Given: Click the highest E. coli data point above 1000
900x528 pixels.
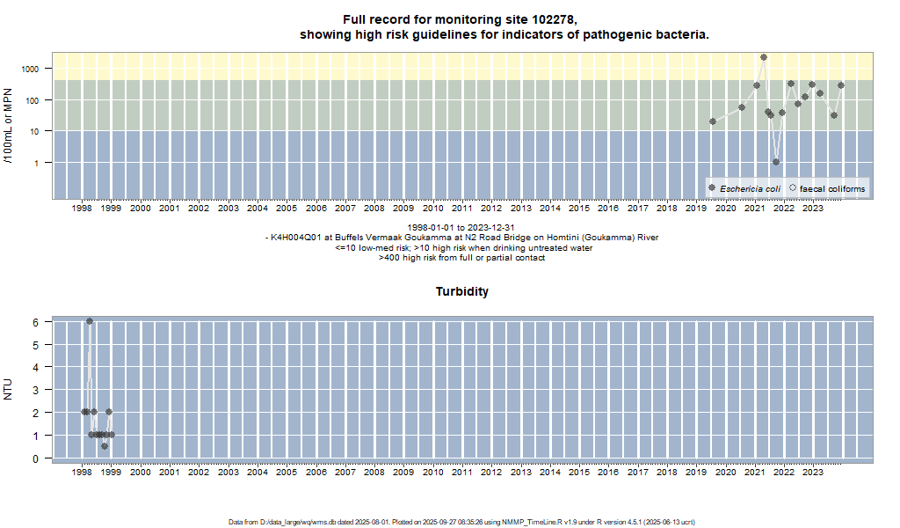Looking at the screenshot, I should click(764, 57).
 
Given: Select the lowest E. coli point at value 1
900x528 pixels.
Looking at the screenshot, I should click(776, 162).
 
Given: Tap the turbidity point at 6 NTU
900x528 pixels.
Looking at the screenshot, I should click(90, 321).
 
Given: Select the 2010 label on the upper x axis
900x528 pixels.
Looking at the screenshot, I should click(432, 209).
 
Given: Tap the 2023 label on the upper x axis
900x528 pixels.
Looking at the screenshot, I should click(813, 209).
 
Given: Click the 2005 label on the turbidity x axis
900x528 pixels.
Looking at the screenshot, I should click(287, 472).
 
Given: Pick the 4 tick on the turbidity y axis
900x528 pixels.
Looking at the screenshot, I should click(36, 367).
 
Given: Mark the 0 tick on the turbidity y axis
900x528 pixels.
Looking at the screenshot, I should click(36, 458).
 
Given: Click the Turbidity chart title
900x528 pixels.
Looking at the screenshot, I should click(462, 291).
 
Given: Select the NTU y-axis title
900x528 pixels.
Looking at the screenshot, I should click(8, 390).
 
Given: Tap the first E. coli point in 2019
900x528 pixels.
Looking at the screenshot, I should click(713, 121).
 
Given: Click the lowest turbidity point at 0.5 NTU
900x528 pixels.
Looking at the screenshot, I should click(105, 446).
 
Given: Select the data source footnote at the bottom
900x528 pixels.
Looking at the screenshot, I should click(461, 522).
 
